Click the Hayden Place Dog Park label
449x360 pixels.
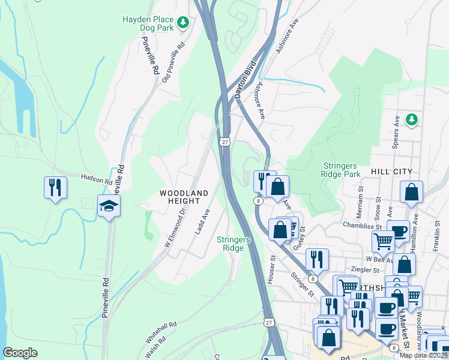pos(148,24)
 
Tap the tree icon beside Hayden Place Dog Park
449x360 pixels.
pos(184,23)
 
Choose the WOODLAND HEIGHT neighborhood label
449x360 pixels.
pos(184,197)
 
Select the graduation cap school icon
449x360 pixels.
pos(109,206)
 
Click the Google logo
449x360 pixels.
pos(20,352)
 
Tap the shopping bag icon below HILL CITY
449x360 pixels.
pos(411,192)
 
